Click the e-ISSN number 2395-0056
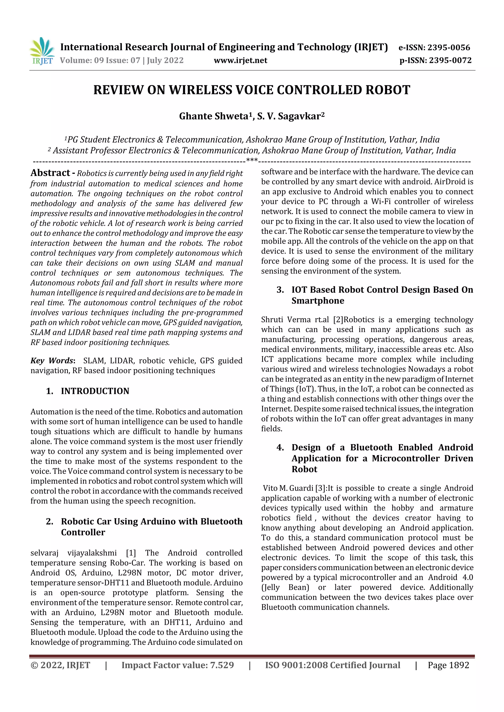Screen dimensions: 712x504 449,47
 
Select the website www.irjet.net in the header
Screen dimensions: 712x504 240,60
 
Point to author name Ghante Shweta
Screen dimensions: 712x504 214,116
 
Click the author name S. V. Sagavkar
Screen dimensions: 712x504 289,116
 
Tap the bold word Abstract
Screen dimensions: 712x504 50,173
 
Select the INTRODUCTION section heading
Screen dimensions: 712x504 95,391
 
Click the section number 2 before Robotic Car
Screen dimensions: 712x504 49,521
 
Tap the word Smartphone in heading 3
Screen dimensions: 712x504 318,301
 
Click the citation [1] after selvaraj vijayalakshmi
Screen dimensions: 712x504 131,553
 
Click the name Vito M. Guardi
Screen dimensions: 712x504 288,488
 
